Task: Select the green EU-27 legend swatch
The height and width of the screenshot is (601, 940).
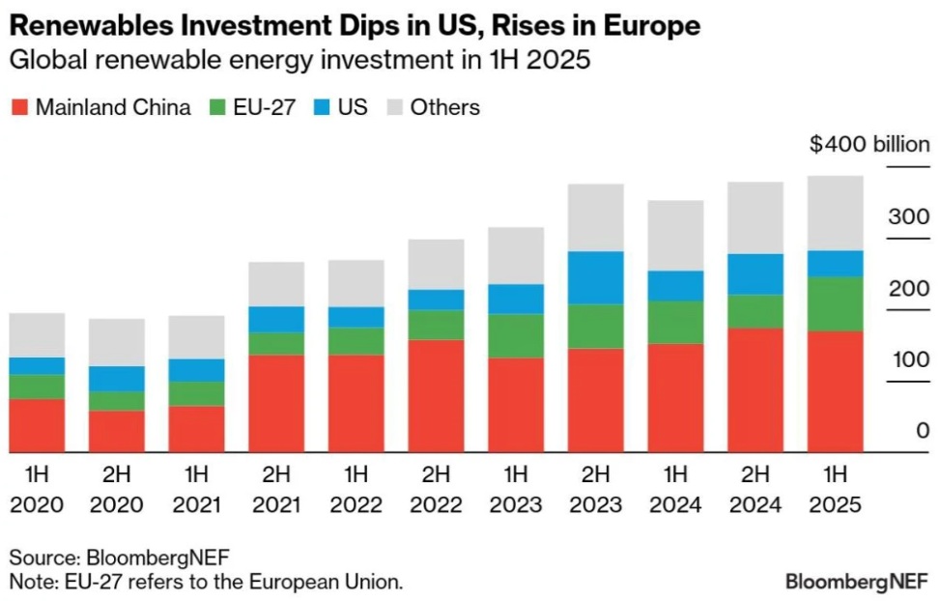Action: point(216,106)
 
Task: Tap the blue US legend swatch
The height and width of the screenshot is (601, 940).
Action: point(321,106)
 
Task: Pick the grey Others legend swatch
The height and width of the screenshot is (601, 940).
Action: point(393,106)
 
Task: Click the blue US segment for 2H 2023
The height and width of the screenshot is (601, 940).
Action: point(595,278)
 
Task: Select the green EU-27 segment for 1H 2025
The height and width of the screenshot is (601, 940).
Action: point(835,304)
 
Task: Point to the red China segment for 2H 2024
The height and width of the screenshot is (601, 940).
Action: point(755,390)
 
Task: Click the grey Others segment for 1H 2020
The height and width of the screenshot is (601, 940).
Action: point(37,335)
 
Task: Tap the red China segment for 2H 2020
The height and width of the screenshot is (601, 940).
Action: point(116,432)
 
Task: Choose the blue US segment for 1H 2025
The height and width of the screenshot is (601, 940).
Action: point(835,264)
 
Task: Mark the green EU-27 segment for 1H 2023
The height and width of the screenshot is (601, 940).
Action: point(515,336)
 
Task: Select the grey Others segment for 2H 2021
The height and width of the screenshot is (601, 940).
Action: point(276,284)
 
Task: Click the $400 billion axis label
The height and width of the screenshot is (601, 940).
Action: point(869,146)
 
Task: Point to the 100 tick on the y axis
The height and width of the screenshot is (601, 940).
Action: point(909,359)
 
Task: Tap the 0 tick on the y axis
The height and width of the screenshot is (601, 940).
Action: point(923,431)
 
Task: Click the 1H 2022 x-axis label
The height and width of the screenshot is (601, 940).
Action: point(356,489)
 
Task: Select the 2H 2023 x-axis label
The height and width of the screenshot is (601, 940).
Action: point(595,489)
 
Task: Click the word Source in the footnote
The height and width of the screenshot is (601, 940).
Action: point(42,558)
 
